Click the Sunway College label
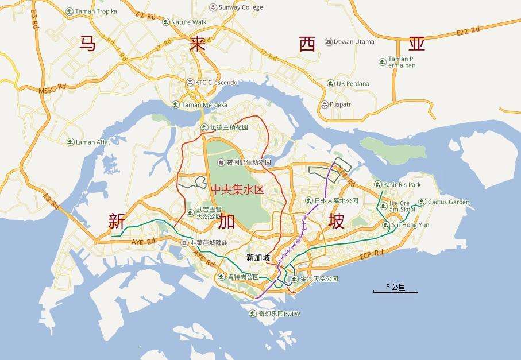point(240,7)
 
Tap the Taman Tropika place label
point(96,11)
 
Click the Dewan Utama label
point(354,42)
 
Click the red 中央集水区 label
point(237,189)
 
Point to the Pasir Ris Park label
point(402,184)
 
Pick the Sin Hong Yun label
point(410,225)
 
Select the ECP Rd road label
point(371,253)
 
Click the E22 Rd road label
point(468,31)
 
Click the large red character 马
point(87,45)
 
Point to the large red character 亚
point(418,44)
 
